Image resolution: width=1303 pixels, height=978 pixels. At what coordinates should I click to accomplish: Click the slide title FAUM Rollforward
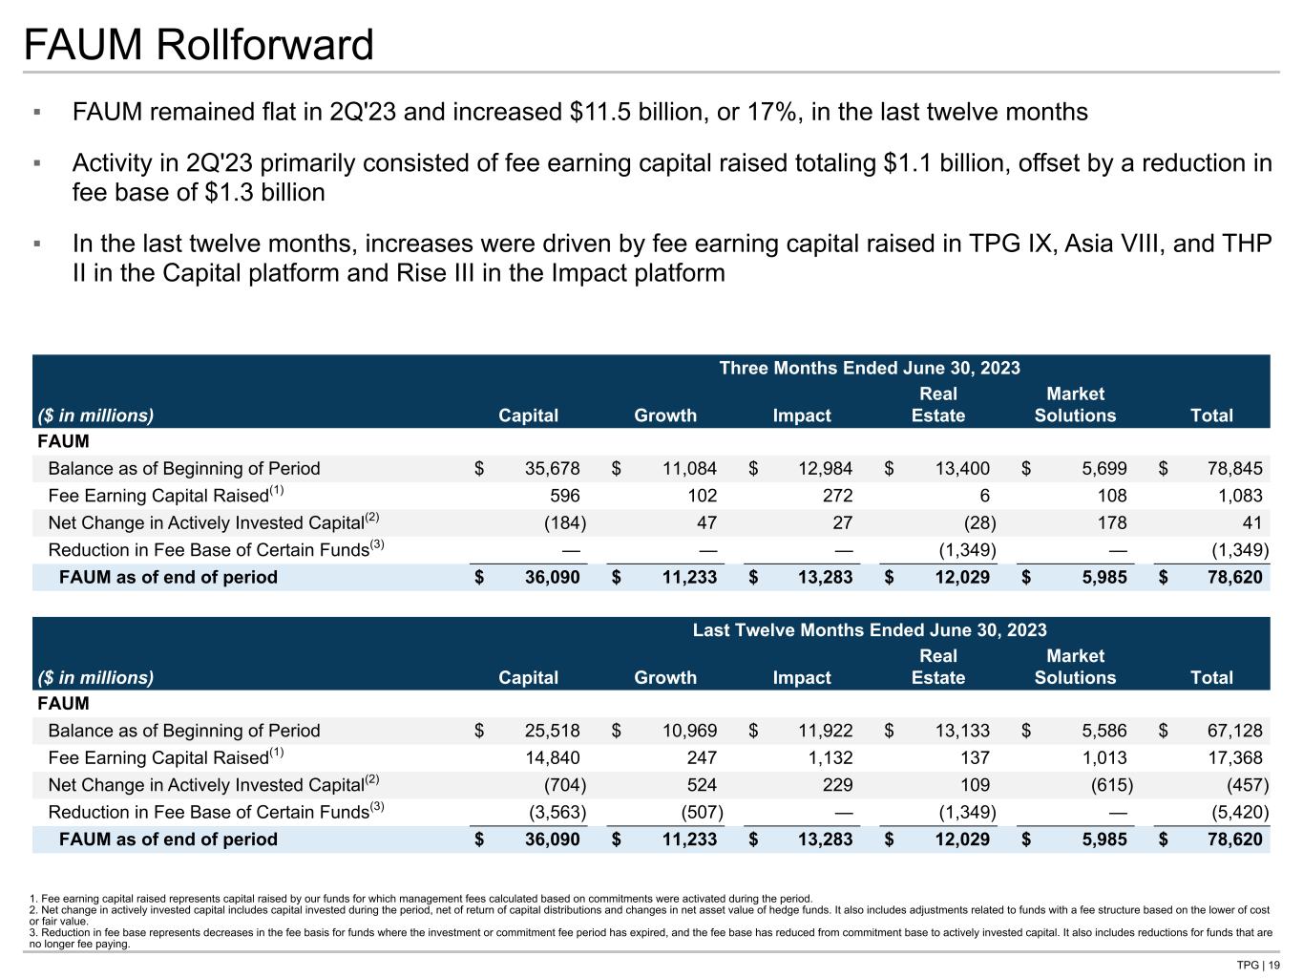[x=199, y=45]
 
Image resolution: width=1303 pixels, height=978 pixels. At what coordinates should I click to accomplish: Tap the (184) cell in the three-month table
[x=563, y=522]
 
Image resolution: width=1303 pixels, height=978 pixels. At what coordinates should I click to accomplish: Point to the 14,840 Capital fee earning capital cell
[x=546, y=757]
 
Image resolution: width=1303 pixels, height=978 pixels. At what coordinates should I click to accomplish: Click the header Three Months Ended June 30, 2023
[x=869, y=368]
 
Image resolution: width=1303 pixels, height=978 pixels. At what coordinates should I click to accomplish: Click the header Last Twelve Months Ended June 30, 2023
[x=869, y=629]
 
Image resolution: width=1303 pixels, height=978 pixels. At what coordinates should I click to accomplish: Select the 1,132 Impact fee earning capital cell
[x=827, y=757]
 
